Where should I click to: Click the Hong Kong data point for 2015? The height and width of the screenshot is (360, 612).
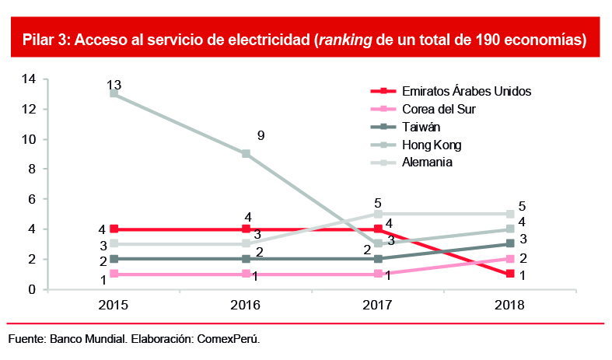coord(114,93)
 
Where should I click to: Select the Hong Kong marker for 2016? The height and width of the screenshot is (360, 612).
coord(246,154)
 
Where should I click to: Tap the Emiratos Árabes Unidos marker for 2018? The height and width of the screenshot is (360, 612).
coord(509,274)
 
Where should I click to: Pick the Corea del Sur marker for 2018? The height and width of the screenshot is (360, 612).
coord(509,259)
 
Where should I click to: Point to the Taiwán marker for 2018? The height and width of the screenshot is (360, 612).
coord(509,244)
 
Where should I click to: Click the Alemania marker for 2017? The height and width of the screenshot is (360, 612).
coord(378,214)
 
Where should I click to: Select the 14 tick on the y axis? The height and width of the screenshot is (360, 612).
coord(30,79)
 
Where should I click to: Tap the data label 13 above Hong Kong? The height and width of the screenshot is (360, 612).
coord(114,84)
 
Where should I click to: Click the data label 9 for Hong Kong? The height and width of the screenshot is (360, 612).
coord(261,136)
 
